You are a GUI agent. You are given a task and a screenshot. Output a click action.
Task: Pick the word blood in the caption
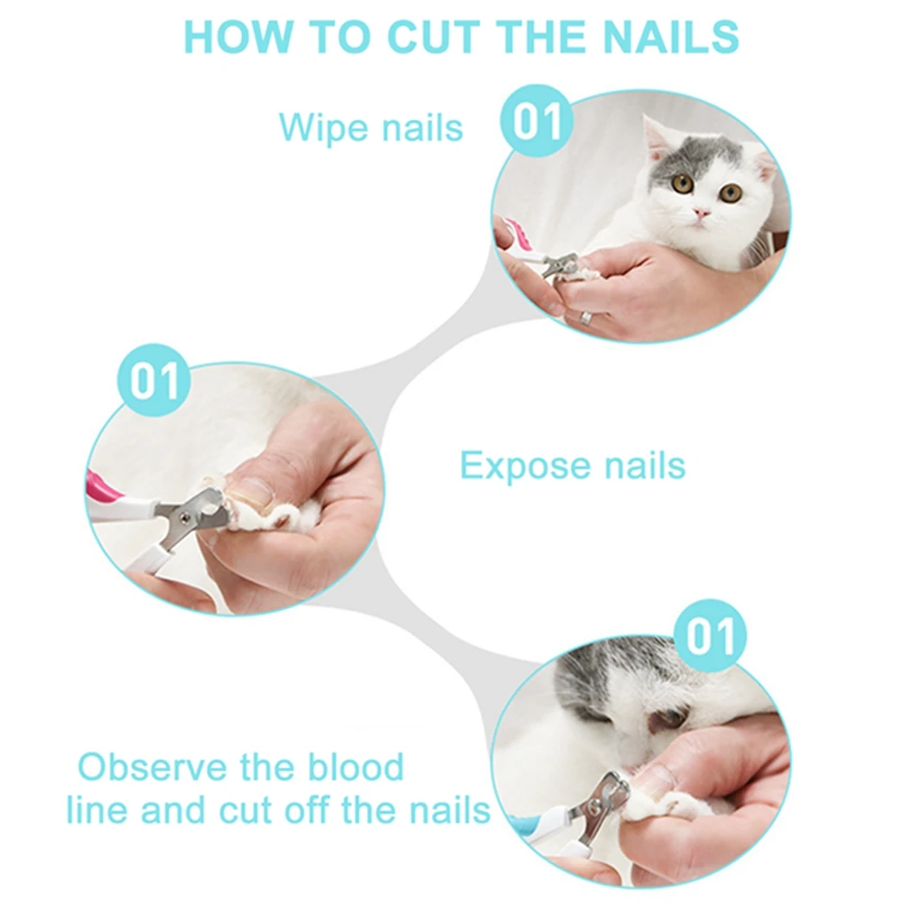click(358, 767)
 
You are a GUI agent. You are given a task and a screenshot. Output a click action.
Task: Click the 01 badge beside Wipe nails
click(537, 121)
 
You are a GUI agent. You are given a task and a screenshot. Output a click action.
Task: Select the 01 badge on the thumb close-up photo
click(154, 380)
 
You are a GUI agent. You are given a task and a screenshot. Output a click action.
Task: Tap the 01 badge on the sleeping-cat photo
click(710, 636)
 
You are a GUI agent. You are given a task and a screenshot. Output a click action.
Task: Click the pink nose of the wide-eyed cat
click(701, 212)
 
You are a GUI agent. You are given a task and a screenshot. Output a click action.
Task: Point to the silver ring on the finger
click(585, 317)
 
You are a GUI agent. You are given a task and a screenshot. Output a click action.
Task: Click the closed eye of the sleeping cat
click(669, 716)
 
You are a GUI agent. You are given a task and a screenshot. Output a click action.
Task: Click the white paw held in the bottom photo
click(682, 808)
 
